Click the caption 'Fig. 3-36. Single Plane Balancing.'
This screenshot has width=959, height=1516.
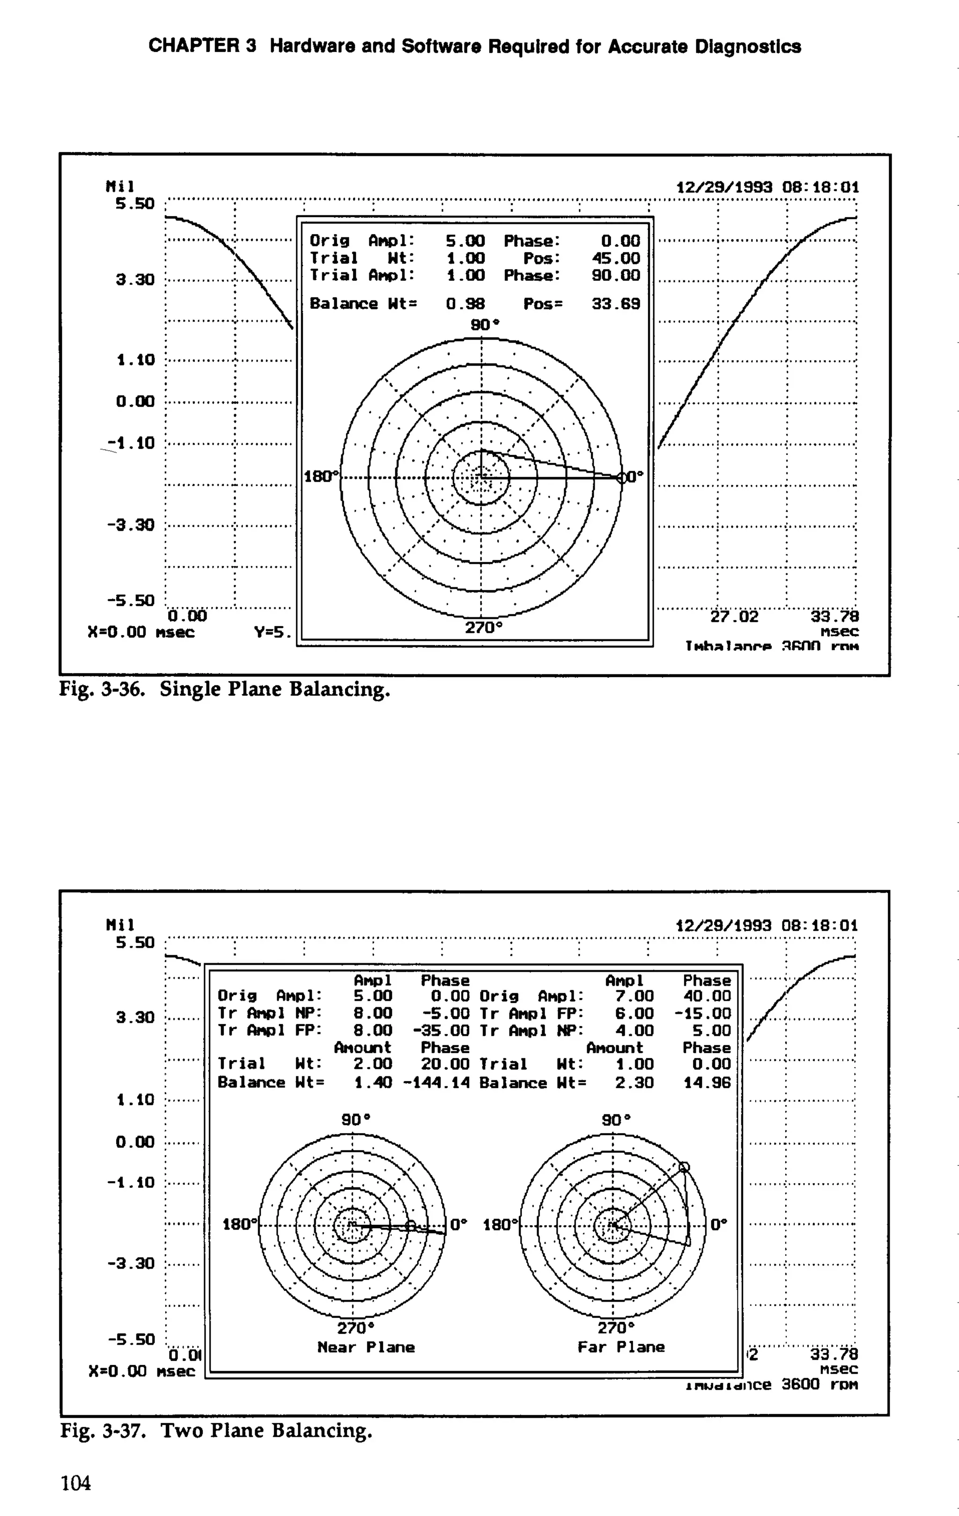tap(225, 689)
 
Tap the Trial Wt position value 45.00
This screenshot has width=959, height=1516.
tap(615, 258)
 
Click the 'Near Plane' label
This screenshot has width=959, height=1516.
tap(366, 1348)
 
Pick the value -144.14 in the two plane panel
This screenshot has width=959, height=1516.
tap(436, 1083)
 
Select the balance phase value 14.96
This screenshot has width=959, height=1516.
tap(707, 1083)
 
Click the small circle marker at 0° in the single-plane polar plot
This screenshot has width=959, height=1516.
tap(622, 478)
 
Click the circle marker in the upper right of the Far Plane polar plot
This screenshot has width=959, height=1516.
tap(685, 1166)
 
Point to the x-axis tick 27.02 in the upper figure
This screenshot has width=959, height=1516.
tap(734, 616)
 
